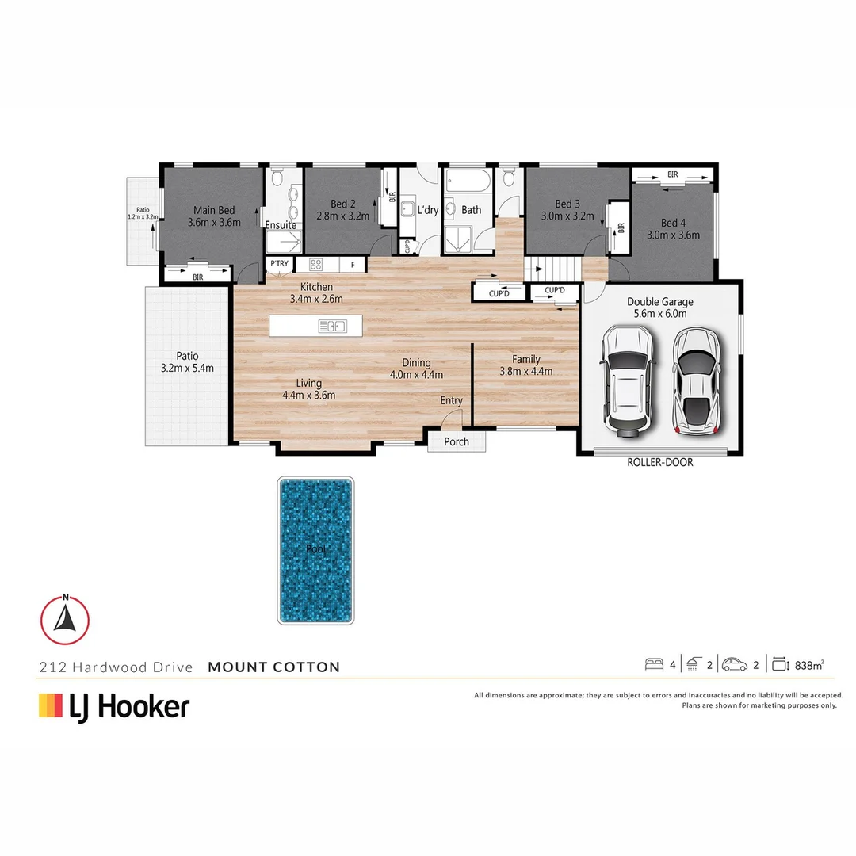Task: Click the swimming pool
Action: click(315, 550)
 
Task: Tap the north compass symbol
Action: click(65, 618)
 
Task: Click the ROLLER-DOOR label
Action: click(660, 462)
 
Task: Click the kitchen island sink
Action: click(332, 326)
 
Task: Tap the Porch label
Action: click(457, 441)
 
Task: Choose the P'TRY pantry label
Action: click(279, 263)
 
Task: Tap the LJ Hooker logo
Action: click(114, 705)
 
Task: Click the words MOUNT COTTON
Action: click(274, 667)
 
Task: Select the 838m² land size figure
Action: click(809, 666)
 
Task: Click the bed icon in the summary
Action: click(655, 665)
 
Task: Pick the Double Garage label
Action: click(659, 301)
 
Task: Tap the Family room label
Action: click(525, 359)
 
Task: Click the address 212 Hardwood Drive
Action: click(116, 667)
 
